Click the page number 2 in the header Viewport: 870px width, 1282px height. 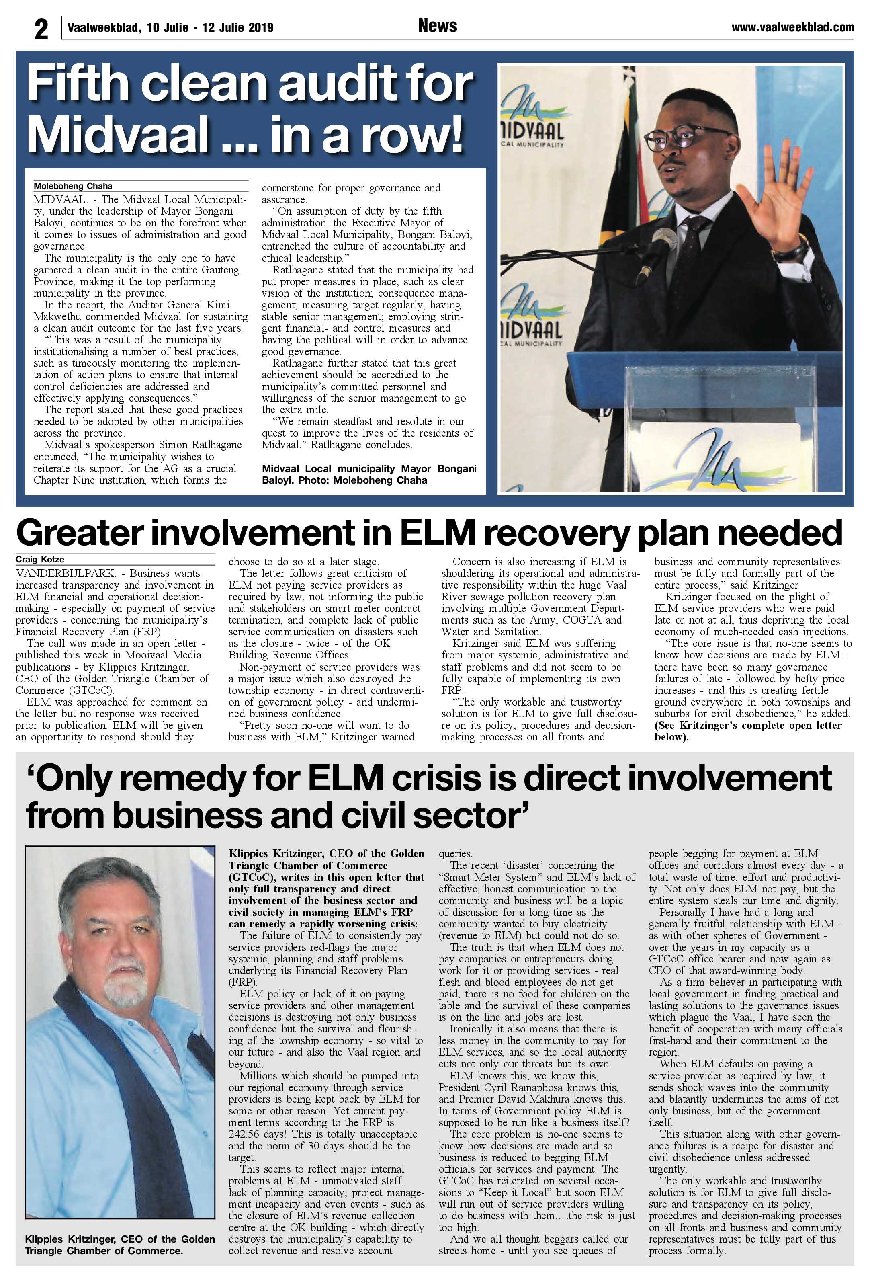tap(41, 29)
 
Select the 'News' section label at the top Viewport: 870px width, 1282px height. tap(437, 26)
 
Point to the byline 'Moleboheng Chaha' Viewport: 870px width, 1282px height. tap(73, 187)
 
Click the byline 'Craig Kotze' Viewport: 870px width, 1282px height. tap(40, 559)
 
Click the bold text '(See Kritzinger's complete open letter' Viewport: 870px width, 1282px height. tap(747, 725)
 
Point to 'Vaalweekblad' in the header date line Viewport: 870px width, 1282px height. tap(103, 28)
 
